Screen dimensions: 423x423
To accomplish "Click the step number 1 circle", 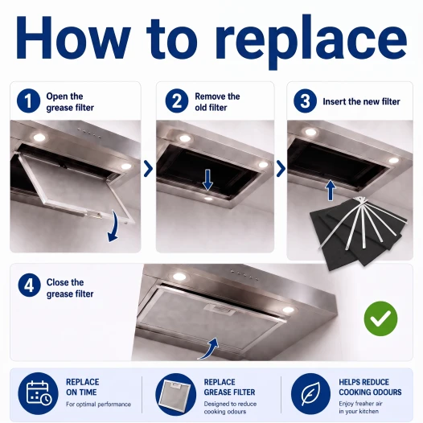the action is (29, 101).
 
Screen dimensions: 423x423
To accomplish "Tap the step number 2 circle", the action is (177, 101).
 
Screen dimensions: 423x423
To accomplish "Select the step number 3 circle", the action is (305, 101).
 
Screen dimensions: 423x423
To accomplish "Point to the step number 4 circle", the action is (30, 285).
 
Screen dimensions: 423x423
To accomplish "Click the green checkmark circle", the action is (380, 318).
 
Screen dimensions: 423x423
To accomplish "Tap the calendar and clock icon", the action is (38, 393).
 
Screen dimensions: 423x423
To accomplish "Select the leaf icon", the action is (310, 393).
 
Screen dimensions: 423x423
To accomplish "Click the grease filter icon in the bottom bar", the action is (175, 394).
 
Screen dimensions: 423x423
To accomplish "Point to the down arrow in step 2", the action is (207, 179).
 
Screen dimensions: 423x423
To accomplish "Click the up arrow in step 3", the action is (331, 190).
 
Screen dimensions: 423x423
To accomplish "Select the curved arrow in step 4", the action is (209, 349).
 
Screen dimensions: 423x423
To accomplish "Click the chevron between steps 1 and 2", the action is (149, 169).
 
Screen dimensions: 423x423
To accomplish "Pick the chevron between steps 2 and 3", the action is (281, 169).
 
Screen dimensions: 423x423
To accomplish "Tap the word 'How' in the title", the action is (72, 38).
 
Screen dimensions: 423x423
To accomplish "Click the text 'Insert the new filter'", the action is (361, 101).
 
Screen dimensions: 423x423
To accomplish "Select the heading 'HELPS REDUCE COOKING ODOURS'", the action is (370, 387).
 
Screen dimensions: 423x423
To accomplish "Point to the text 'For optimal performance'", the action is (98, 405).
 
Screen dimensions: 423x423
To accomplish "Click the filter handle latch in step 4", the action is (220, 310).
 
